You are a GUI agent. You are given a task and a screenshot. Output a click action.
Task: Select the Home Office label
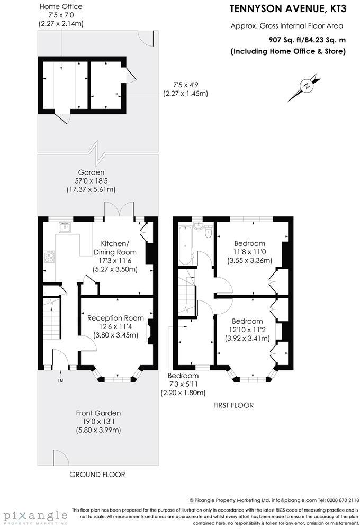click(61, 6)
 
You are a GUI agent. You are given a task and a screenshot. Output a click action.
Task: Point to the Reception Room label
click(115, 318)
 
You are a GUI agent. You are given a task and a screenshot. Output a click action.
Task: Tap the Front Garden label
click(98, 413)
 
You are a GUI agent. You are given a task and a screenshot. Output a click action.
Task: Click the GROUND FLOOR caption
click(97, 475)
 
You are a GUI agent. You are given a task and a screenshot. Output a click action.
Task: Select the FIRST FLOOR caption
click(233, 405)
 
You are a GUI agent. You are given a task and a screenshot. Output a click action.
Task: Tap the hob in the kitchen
click(49, 258)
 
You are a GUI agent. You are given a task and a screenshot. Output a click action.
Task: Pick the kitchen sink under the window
click(66, 227)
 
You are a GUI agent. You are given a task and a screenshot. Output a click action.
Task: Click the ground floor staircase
click(52, 323)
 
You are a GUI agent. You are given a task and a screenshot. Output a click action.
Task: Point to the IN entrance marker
click(60, 380)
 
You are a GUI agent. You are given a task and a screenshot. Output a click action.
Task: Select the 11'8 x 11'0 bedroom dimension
click(249, 252)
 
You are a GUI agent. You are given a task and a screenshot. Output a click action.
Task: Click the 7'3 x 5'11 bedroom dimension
click(183, 384)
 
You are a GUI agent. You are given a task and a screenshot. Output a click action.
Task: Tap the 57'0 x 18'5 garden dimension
click(91, 181)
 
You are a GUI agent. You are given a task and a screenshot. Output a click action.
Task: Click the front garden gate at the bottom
click(60, 456)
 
